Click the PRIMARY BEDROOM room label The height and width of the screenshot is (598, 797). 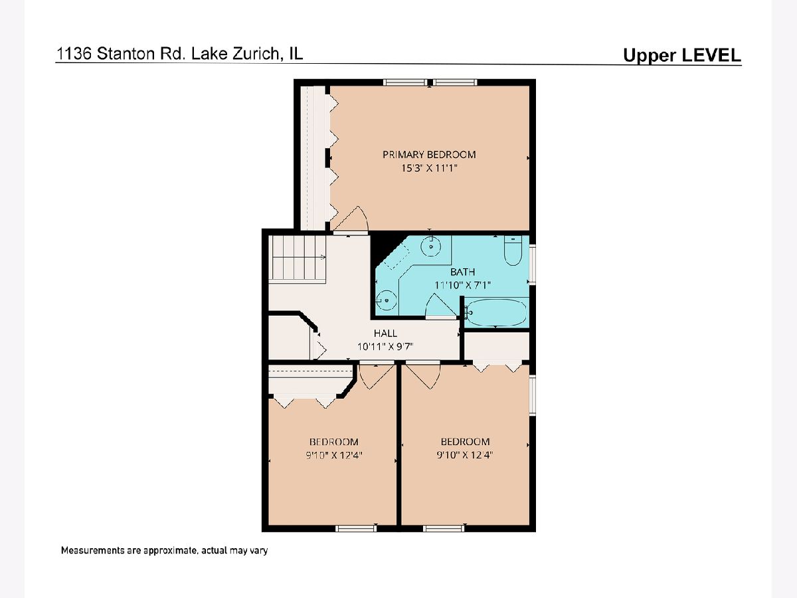tap(429, 155)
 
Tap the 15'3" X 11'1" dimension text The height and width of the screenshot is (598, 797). tap(429, 168)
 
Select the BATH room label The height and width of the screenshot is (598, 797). tap(462, 272)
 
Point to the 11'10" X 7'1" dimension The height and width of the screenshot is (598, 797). tap(462, 285)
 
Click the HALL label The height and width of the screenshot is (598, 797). tap(385, 333)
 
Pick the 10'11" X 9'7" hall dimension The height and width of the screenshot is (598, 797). tap(385, 346)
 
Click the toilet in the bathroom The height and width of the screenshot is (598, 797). tap(513, 250)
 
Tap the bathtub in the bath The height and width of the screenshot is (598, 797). tap(496, 312)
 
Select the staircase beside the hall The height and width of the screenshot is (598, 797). tap(298, 258)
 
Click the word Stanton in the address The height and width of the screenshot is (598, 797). tap(126, 54)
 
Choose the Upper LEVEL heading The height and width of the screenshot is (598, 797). tap(682, 55)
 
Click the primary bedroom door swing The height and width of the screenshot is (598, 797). tap(351, 219)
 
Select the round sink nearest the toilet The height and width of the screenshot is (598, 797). tap(431, 247)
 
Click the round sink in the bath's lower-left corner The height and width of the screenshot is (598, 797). tap(387, 300)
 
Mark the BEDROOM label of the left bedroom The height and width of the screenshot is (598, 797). tap(333, 442)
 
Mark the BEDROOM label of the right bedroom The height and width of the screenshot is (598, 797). tap(465, 441)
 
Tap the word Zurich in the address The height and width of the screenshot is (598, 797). tap(256, 54)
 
